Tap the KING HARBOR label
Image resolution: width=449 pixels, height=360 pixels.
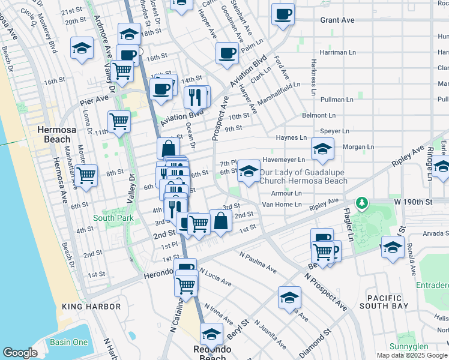click(x=91, y=307)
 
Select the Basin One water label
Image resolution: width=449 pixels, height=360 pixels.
click(x=68, y=343)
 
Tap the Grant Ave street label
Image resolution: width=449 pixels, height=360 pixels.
click(x=337, y=20)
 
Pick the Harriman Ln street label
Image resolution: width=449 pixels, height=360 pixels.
click(x=339, y=52)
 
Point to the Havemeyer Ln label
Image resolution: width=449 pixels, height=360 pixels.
click(x=284, y=160)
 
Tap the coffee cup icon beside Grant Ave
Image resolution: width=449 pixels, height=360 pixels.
click(x=283, y=14)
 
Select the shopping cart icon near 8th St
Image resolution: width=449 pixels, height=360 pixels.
click(x=86, y=176)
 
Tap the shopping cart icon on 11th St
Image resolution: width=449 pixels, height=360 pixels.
click(x=119, y=121)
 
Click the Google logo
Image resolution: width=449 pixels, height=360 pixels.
click(x=20, y=353)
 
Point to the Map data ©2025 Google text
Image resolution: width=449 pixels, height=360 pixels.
click(x=411, y=355)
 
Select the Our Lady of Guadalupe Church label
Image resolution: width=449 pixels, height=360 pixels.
click(x=303, y=176)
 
